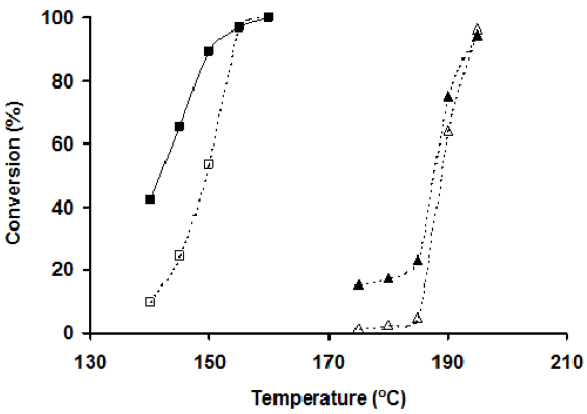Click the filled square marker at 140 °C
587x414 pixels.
150,199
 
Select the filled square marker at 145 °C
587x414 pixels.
179,126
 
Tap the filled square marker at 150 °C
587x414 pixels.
209,51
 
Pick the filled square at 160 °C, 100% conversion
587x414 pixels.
268,17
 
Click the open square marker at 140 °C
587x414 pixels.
150,301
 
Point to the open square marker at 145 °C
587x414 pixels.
179,255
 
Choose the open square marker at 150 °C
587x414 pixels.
209,164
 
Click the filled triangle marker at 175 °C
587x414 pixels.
358,285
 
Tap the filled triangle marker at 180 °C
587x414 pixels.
388,278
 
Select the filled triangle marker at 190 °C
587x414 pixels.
448,97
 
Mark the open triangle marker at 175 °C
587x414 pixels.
358,329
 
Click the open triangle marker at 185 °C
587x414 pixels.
418,318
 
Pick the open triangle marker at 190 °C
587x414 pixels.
448,131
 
